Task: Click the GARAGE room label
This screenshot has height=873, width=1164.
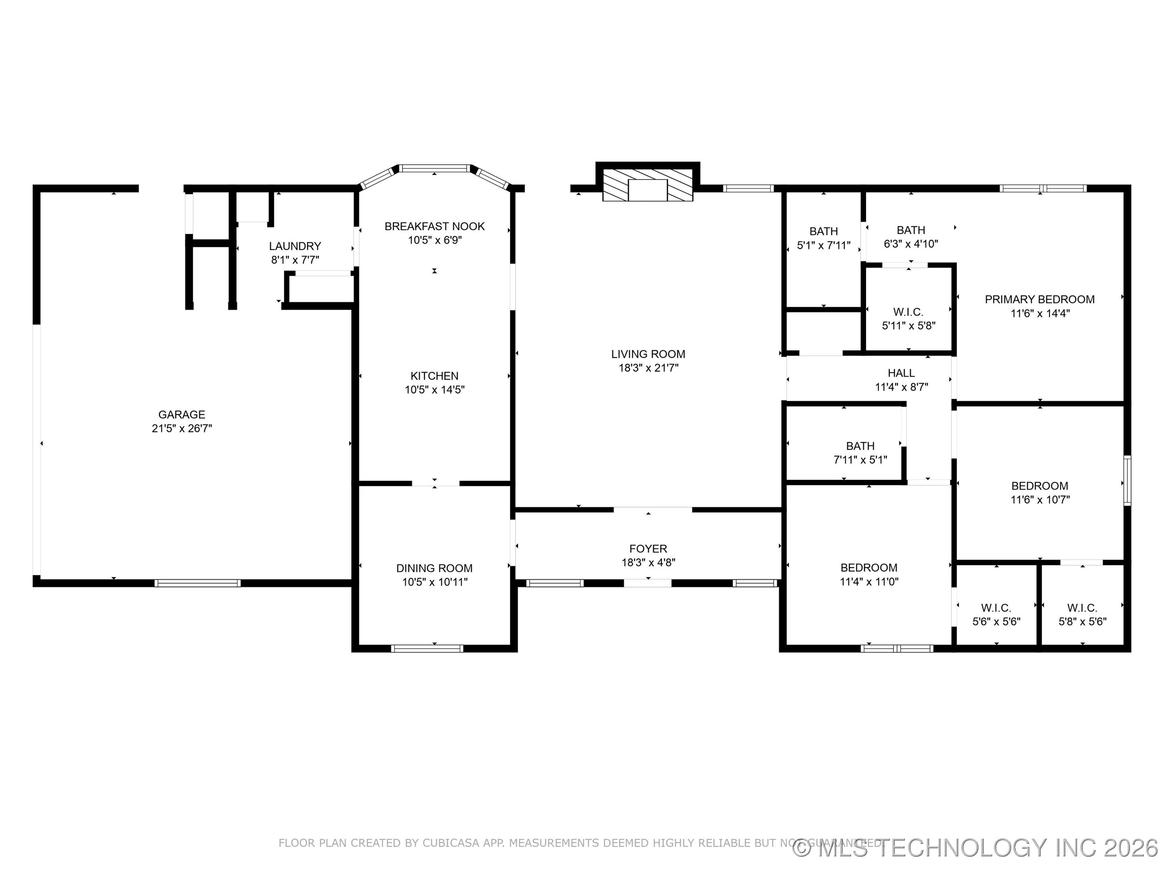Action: [x=181, y=415]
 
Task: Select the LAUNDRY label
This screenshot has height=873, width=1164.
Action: [x=295, y=246]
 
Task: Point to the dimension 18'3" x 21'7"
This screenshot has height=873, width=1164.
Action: [x=648, y=368]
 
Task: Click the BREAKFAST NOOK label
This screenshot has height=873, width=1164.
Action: [x=434, y=226]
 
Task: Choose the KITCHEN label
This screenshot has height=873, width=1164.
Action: [x=434, y=376]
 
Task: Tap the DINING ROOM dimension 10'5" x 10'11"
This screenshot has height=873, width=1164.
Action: [x=434, y=582]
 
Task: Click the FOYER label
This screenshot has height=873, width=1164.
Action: [x=648, y=548]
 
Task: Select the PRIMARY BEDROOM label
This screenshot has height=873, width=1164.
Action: [x=1040, y=299]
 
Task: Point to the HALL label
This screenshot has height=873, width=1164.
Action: [x=901, y=373]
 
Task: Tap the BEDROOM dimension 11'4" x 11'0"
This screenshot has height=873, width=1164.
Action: [x=869, y=582]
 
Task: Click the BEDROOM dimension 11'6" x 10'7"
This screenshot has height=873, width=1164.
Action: [x=1040, y=500]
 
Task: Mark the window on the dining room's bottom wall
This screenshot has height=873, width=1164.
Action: [x=427, y=648]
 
